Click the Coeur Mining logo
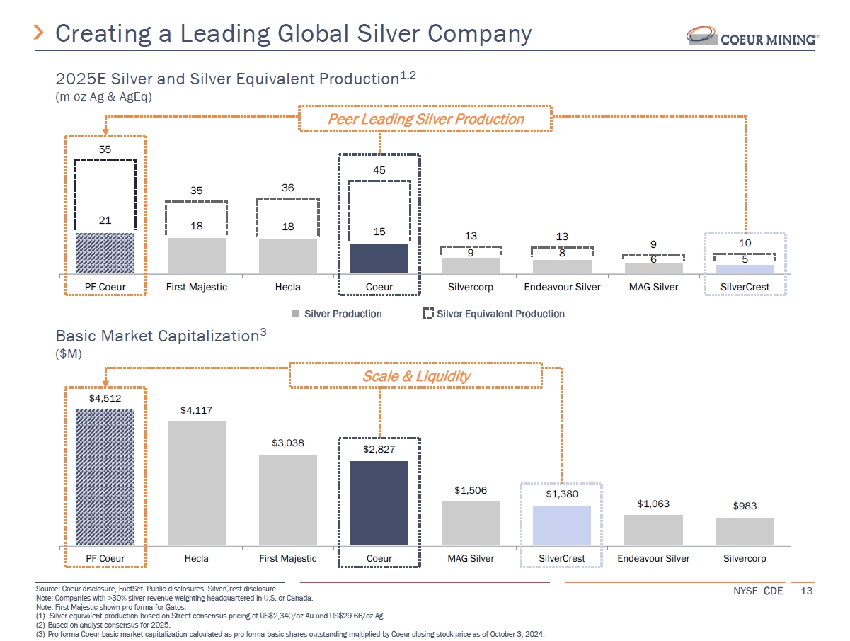tap(753, 36)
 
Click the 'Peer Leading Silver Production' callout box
tap(425, 119)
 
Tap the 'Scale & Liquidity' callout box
tap(416, 376)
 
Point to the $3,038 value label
tap(287, 443)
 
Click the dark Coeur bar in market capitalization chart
tap(379, 503)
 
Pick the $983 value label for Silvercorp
tap(745, 506)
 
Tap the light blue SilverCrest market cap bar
tap(561, 525)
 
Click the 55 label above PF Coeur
tap(105, 150)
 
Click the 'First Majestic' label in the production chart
tap(197, 287)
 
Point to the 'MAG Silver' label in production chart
tap(653, 287)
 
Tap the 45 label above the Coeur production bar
tap(379, 170)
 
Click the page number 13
tap(806, 591)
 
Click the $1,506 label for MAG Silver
tap(471, 490)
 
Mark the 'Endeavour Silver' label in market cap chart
tap(653, 558)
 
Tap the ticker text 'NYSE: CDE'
tap(759, 591)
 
